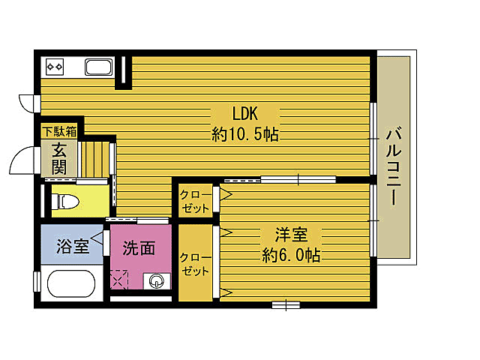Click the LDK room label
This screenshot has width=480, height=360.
pyautogui.click(x=244, y=115)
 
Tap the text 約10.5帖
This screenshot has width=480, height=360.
pyautogui.click(x=245, y=135)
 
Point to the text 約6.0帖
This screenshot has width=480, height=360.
pyautogui.click(x=292, y=255)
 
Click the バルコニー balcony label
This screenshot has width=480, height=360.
pyautogui.click(x=392, y=166)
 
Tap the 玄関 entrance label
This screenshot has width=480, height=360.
pyautogui.click(x=58, y=157)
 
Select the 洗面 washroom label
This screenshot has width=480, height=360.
pyautogui.click(x=139, y=247)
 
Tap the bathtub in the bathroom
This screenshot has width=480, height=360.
pyautogui.click(x=70, y=285)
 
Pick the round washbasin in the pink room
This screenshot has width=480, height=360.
pyautogui.click(x=157, y=282)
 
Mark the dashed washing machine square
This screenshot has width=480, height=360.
pyautogui.click(x=119, y=279)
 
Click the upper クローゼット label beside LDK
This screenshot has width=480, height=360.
pyautogui.click(x=194, y=200)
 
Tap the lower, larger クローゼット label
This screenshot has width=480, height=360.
pyautogui.click(x=194, y=263)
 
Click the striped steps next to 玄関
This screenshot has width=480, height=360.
pyautogui.click(x=95, y=158)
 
